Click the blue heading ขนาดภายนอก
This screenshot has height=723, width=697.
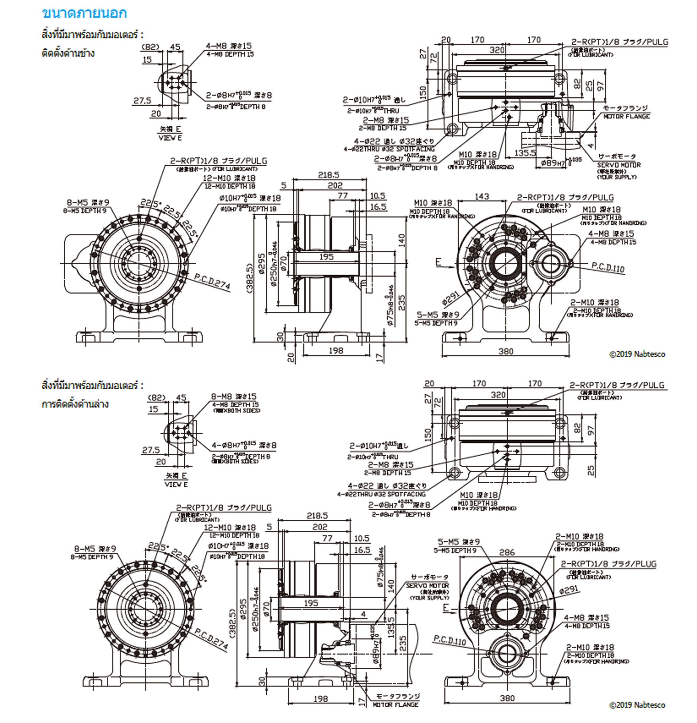click(85, 13)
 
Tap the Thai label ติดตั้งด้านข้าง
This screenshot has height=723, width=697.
click(68, 53)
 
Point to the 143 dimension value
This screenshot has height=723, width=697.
click(482, 196)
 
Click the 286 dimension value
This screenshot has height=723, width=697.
click(507, 552)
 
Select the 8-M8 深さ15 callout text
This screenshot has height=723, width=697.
click(234, 397)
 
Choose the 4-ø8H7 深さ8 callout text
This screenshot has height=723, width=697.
click(244, 445)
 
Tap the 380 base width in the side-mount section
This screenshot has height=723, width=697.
click(506, 351)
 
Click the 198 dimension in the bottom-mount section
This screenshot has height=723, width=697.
click(320, 698)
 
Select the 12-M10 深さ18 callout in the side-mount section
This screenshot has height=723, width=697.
click(229, 178)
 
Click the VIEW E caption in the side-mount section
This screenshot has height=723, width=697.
click(170, 138)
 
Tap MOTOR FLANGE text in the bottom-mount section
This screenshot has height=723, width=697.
click(395, 705)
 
